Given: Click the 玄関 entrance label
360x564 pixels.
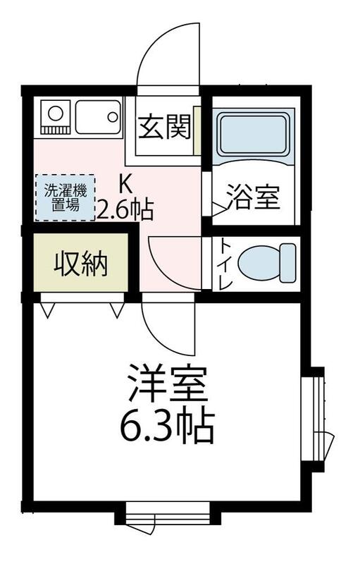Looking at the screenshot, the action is click(x=164, y=128).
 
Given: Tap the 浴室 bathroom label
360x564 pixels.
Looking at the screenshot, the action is click(x=253, y=197).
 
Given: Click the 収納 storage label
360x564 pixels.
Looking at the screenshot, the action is click(x=81, y=264).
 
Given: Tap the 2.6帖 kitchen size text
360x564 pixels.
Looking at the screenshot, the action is click(x=125, y=209).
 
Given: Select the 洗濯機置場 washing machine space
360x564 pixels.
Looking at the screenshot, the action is click(x=65, y=198).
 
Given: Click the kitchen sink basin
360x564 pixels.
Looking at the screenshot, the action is click(x=98, y=116).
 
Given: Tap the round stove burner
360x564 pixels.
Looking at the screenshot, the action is click(x=55, y=114).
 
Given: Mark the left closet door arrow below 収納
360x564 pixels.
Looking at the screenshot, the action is click(x=47, y=310).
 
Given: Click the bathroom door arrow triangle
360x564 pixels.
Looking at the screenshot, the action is click(x=219, y=209).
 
